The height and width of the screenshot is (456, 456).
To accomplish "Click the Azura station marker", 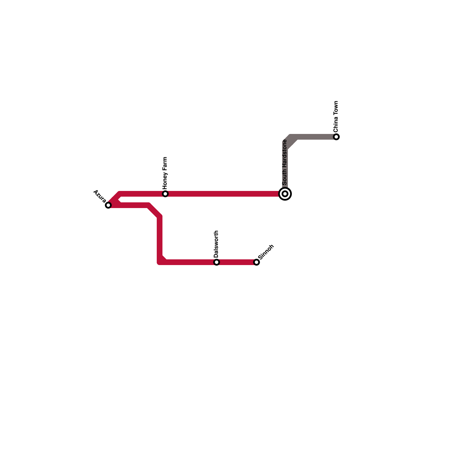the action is [108, 205].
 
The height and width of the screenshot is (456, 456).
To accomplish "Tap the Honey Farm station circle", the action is [165, 194].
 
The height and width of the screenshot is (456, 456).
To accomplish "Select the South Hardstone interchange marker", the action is [285, 194].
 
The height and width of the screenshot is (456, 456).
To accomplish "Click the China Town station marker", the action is [336, 137].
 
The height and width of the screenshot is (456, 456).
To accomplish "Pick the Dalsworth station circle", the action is [217, 262].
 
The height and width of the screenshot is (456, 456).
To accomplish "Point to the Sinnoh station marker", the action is [256, 262].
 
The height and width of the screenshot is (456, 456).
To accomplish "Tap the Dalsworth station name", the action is [216, 244].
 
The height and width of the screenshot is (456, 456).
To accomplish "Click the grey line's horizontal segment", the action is [316, 137].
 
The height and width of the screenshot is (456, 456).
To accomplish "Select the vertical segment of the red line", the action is [160, 237].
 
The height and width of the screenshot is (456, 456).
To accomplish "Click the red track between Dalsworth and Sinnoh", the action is [237, 262].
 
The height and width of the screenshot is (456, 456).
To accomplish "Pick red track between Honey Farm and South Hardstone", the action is [225, 194].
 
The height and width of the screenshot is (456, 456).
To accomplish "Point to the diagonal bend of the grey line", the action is [291, 142].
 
